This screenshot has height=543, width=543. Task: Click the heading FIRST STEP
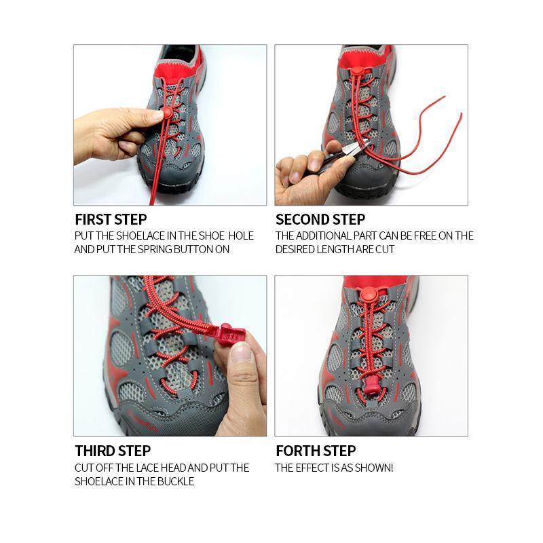(111, 219)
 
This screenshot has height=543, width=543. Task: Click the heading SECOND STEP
(320, 219)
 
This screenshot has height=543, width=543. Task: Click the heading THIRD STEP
(113, 451)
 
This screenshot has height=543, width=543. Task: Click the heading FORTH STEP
(316, 451)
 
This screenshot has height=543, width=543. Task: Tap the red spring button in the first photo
(166, 113)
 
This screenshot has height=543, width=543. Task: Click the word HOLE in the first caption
(241, 236)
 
